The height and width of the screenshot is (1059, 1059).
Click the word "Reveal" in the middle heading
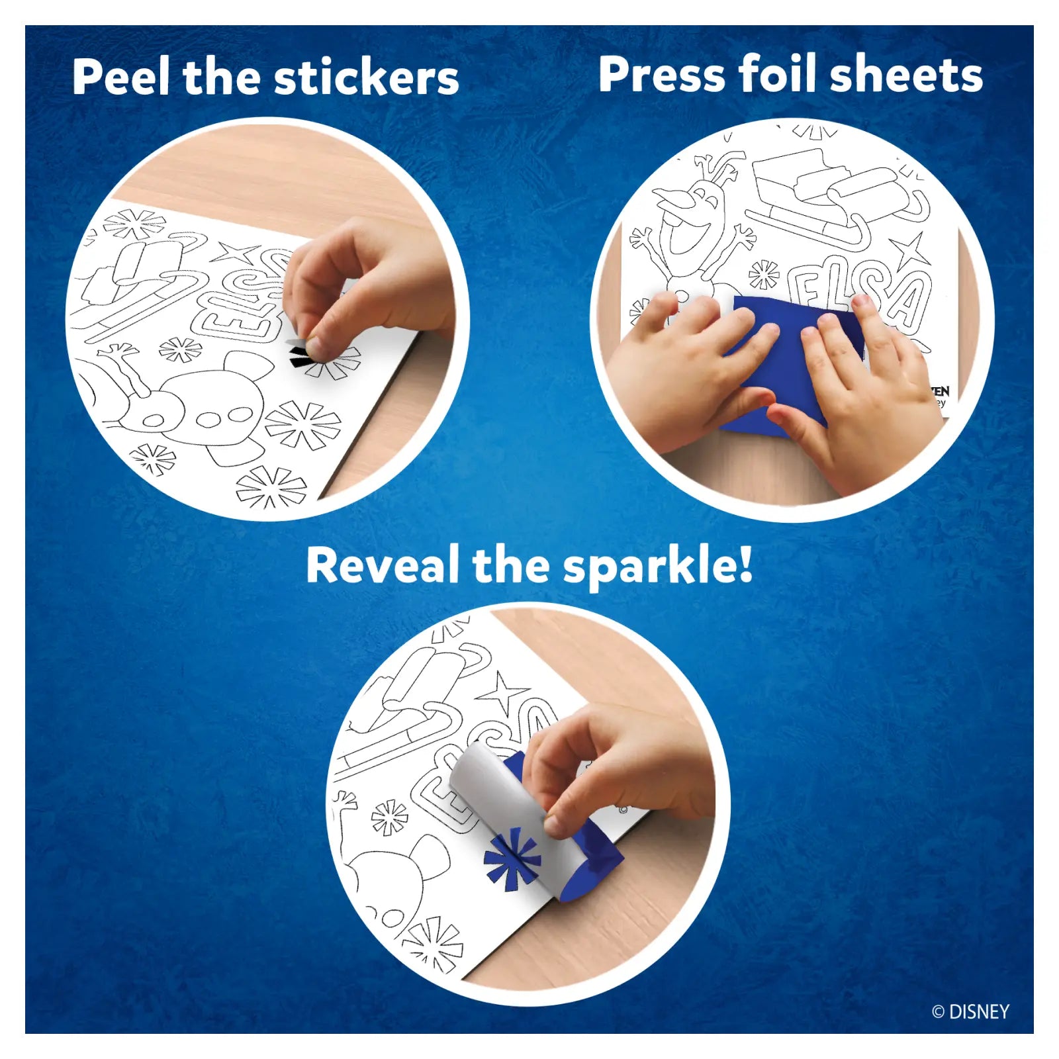pyautogui.click(x=382, y=565)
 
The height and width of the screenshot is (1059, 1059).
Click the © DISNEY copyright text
pyautogui.click(x=970, y=1012)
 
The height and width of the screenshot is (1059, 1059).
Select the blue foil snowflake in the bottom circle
pyautogui.click(x=512, y=860)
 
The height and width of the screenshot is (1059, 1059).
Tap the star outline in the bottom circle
pyautogui.click(x=504, y=695)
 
